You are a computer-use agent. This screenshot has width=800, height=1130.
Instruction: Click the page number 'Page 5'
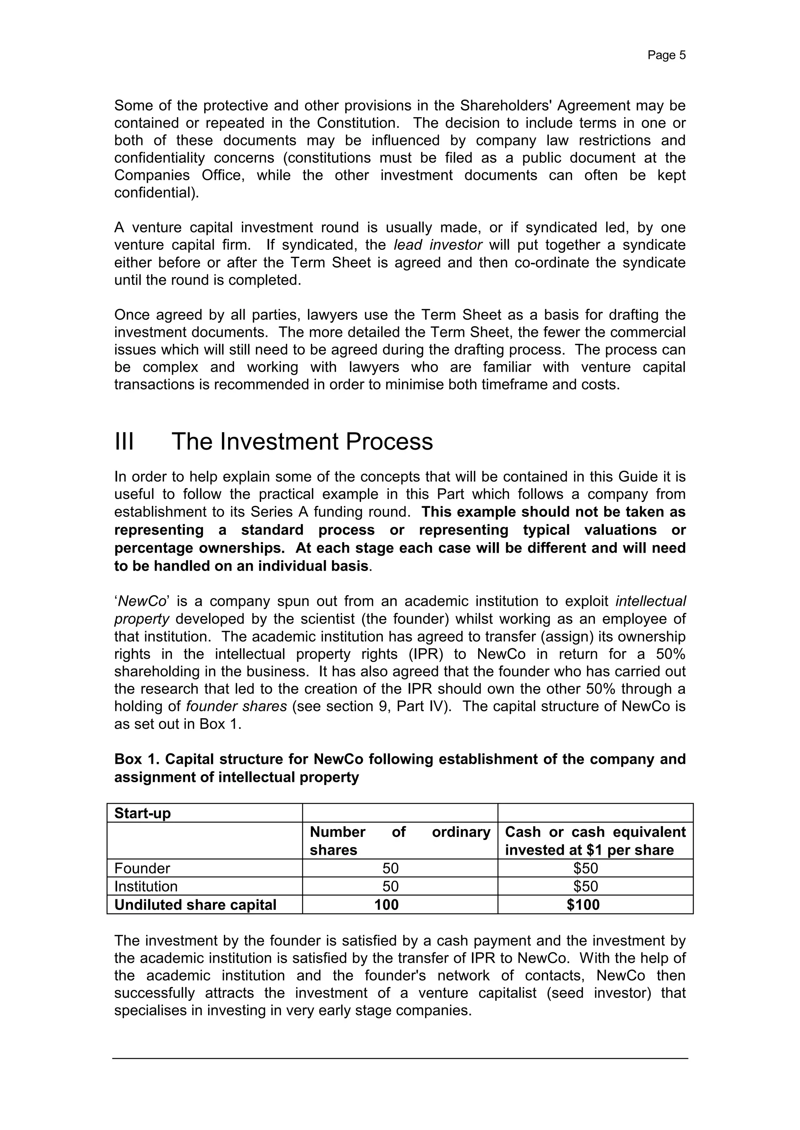(666, 55)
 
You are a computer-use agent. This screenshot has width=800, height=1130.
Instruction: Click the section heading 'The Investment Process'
(302, 441)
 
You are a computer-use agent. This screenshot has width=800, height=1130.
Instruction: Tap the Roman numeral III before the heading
(124, 441)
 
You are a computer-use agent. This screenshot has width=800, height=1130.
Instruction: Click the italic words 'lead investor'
(437, 245)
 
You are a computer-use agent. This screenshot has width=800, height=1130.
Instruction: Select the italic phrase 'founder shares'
(236, 706)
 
